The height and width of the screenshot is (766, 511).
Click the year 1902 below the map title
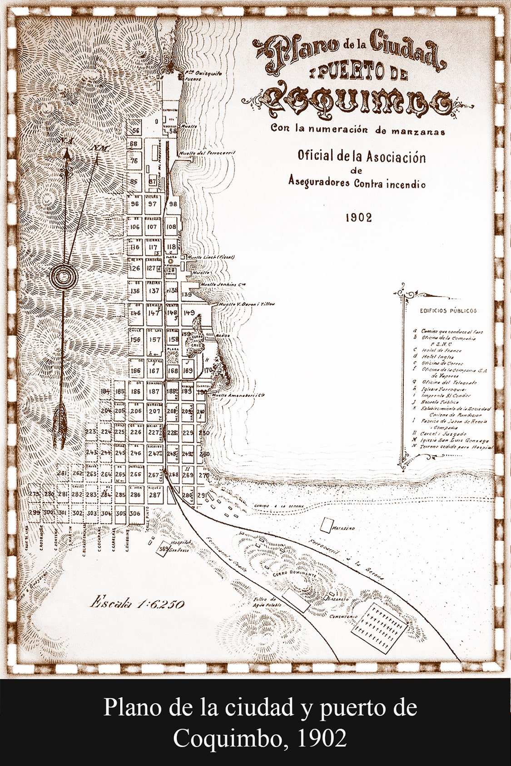coord(358,218)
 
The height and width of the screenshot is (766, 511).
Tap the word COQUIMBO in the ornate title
coord(357,101)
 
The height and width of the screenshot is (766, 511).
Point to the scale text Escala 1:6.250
coord(137,604)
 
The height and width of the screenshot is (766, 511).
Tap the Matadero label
coord(342,529)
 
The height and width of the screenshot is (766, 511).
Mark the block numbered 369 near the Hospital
coord(163,549)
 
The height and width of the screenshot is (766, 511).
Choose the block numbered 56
coord(135,130)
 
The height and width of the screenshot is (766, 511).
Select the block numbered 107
coord(152,227)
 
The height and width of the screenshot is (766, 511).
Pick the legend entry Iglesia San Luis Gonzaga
coord(455,441)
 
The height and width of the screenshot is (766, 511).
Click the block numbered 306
coord(134,513)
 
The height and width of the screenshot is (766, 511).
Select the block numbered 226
coord(135,432)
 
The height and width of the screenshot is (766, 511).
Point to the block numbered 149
coord(189,313)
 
